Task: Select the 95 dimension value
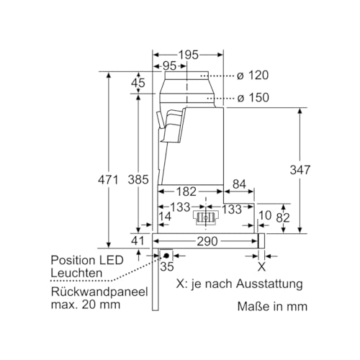click(x=170, y=66)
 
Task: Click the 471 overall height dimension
click(x=107, y=180)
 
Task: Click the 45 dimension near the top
click(x=138, y=84)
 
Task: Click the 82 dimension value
click(x=284, y=216)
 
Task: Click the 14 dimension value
click(x=166, y=216)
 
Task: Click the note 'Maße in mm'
click(x=272, y=306)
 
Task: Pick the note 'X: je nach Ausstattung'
click(x=239, y=284)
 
